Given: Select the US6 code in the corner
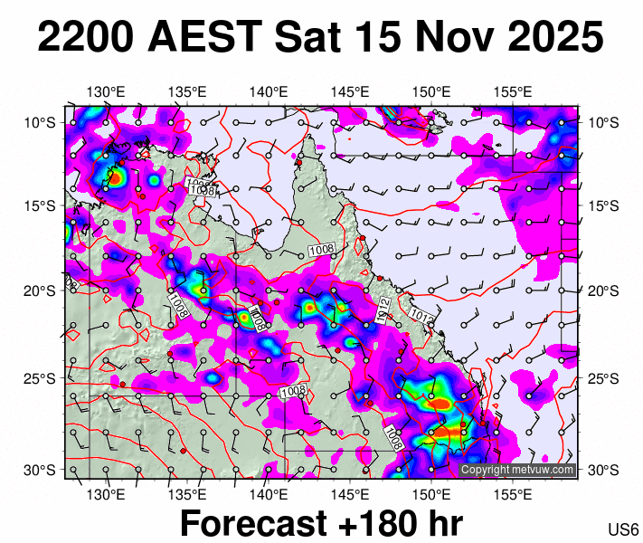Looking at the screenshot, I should click(624, 529).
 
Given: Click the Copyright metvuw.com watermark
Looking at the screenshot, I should click(517, 470).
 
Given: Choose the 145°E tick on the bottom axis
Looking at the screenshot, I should click(350, 495).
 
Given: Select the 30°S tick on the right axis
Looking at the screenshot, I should click(601, 470).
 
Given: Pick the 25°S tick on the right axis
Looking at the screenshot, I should click(601, 377).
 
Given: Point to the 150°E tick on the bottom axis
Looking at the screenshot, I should click(431, 495).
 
